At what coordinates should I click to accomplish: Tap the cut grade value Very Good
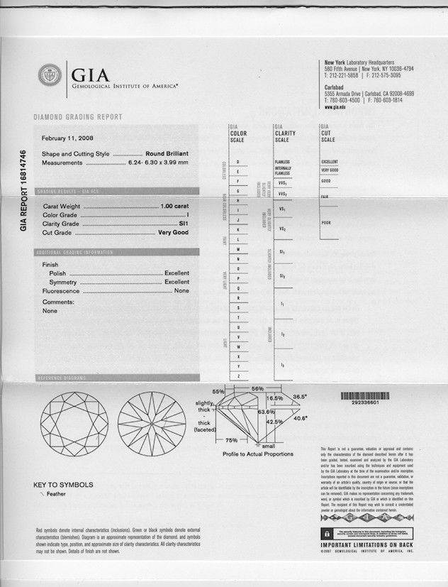[x=177, y=233]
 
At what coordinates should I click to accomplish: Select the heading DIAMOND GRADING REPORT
[x=78, y=117]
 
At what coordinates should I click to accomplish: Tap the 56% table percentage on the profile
[x=257, y=389]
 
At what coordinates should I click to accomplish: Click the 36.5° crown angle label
[x=299, y=397]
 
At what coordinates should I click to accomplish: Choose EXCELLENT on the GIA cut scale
[x=330, y=162]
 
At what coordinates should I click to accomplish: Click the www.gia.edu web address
[x=337, y=107]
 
